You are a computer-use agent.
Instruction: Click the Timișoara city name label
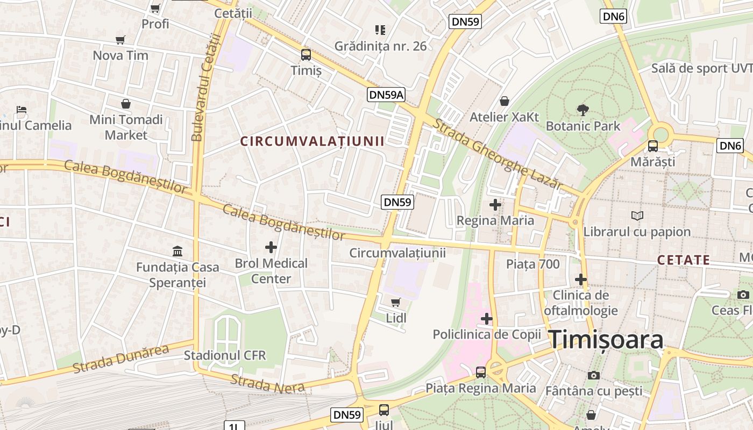(x=606, y=340)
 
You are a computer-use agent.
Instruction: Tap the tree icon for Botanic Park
(x=582, y=110)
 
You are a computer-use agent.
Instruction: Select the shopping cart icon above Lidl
(x=396, y=303)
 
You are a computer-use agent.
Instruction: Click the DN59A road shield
(x=386, y=95)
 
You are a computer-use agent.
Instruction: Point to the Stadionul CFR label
(x=225, y=355)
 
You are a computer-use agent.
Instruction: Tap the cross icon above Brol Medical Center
(x=271, y=247)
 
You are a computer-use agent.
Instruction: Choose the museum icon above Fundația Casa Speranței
(x=177, y=251)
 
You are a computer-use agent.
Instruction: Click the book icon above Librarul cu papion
(x=637, y=216)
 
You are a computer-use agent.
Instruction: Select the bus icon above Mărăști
(x=652, y=146)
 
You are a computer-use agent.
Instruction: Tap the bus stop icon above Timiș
(x=306, y=54)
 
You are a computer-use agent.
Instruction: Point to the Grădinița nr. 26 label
(x=380, y=46)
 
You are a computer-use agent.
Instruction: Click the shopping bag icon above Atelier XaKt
(x=504, y=101)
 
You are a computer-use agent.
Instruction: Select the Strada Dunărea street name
(x=120, y=359)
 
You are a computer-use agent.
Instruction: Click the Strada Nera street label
(x=267, y=383)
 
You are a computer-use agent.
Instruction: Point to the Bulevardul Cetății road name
(x=205, y=87)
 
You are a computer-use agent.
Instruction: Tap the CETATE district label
(x=683, y=260)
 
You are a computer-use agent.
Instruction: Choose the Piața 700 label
(x=532, y=264)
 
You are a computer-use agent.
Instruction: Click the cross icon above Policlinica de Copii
(x=487, y=319)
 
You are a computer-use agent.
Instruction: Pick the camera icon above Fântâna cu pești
(x=593, y=375)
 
